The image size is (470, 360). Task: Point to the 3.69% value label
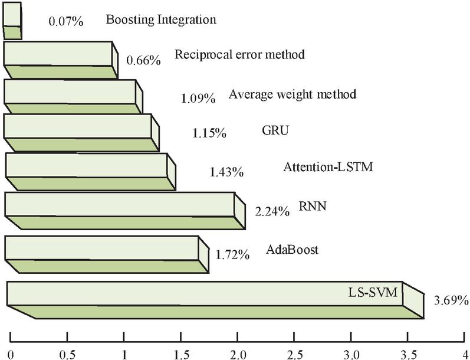click(x=451, y=300)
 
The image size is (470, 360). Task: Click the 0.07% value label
click(x=65, y=22)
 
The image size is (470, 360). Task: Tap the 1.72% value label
click(x=232, y=256)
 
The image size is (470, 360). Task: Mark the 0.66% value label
click(x=143, y=61)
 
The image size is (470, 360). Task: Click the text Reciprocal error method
click(x=239, y=55)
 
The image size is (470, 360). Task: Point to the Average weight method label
click(x=292, y=94)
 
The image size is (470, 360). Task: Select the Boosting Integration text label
click(x=161, y=19)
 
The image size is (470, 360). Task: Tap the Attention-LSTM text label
click(x=328, y=167)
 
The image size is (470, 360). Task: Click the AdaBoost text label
click(x=292, y=250)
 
